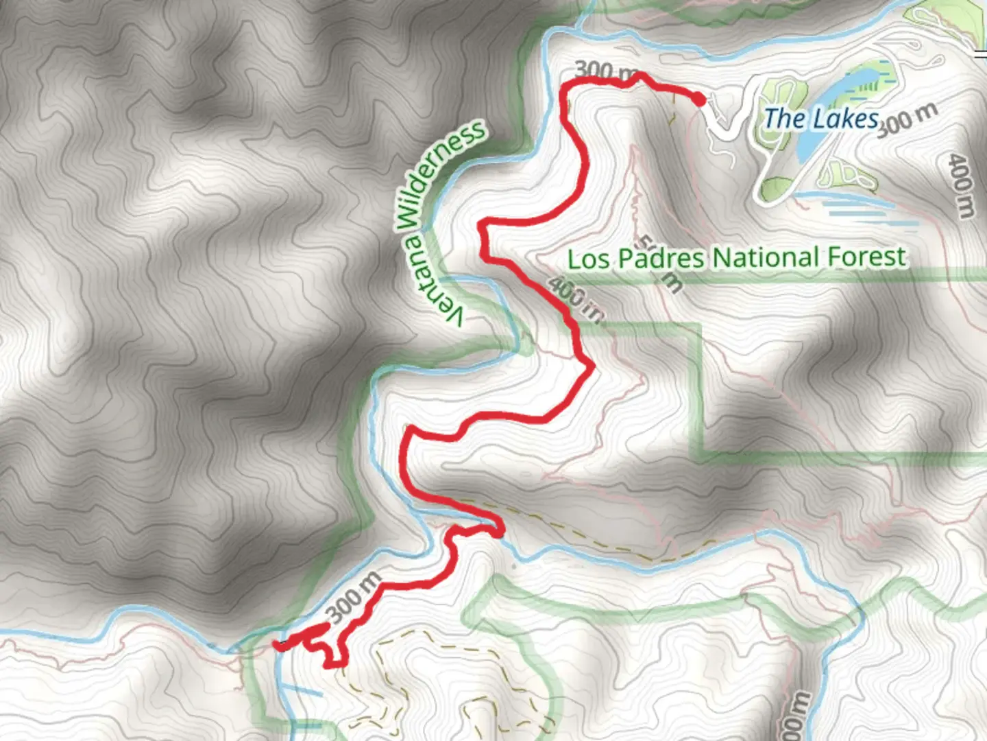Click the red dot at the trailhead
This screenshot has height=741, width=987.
698,101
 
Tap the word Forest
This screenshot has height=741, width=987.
867,257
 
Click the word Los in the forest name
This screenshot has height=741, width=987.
589,259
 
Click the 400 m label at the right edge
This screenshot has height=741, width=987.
961,185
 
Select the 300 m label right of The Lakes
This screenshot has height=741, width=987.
906,119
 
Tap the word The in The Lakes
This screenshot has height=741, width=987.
785,119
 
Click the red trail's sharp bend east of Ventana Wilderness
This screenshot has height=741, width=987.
589,368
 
